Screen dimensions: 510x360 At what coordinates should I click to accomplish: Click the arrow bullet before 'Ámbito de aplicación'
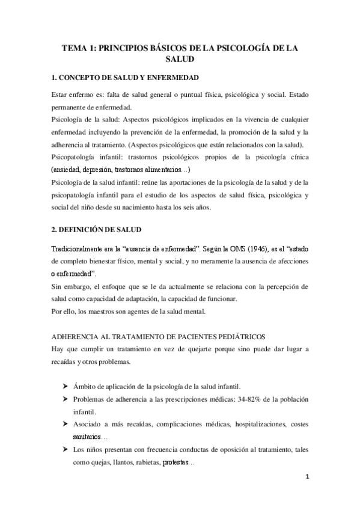click(x=64, y=386)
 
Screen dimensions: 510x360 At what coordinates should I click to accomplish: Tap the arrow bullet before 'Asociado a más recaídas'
click(x=64, y=425)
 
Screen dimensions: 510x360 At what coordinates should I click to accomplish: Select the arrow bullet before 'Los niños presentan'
click(x=64, y=450)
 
